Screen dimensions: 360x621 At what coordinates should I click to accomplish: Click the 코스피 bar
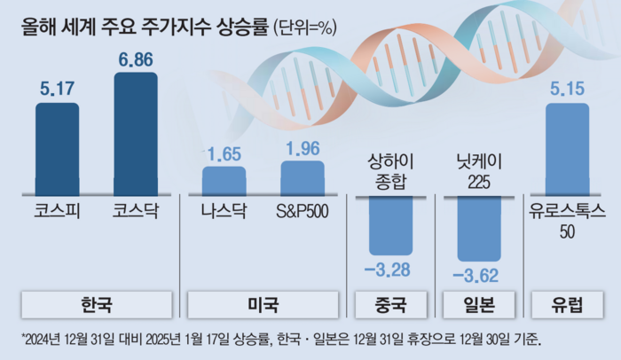click(x=57, y=149)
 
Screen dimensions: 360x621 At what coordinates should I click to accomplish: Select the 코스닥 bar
click(x=136, y=133)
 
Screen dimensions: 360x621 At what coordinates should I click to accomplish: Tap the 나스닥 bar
click(x=224, y=181)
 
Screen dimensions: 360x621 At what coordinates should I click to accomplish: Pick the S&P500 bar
click(x=303, y=177)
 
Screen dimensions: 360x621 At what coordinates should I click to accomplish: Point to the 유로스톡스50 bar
click(x=567, y=149)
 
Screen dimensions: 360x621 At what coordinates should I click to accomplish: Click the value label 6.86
click(x=136, y=60)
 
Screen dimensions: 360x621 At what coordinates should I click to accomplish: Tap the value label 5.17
click(x=57, y=90)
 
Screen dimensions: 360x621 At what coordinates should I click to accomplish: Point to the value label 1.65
click(x=224, y=154)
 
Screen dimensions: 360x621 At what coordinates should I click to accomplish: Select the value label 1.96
click(x=303, y=147)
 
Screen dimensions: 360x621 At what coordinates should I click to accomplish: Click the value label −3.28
click(x=390, y=270)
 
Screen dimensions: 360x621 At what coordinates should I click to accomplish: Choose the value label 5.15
click(x=567, y=90)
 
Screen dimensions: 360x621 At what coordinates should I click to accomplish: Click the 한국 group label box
click(x=97, y=306)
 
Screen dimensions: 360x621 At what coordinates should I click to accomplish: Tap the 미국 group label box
click(x=263, y=306)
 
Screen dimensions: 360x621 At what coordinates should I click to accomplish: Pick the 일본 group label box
click(x=479, y=306)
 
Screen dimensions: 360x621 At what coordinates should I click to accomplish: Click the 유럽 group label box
click(x=567, y=306)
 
